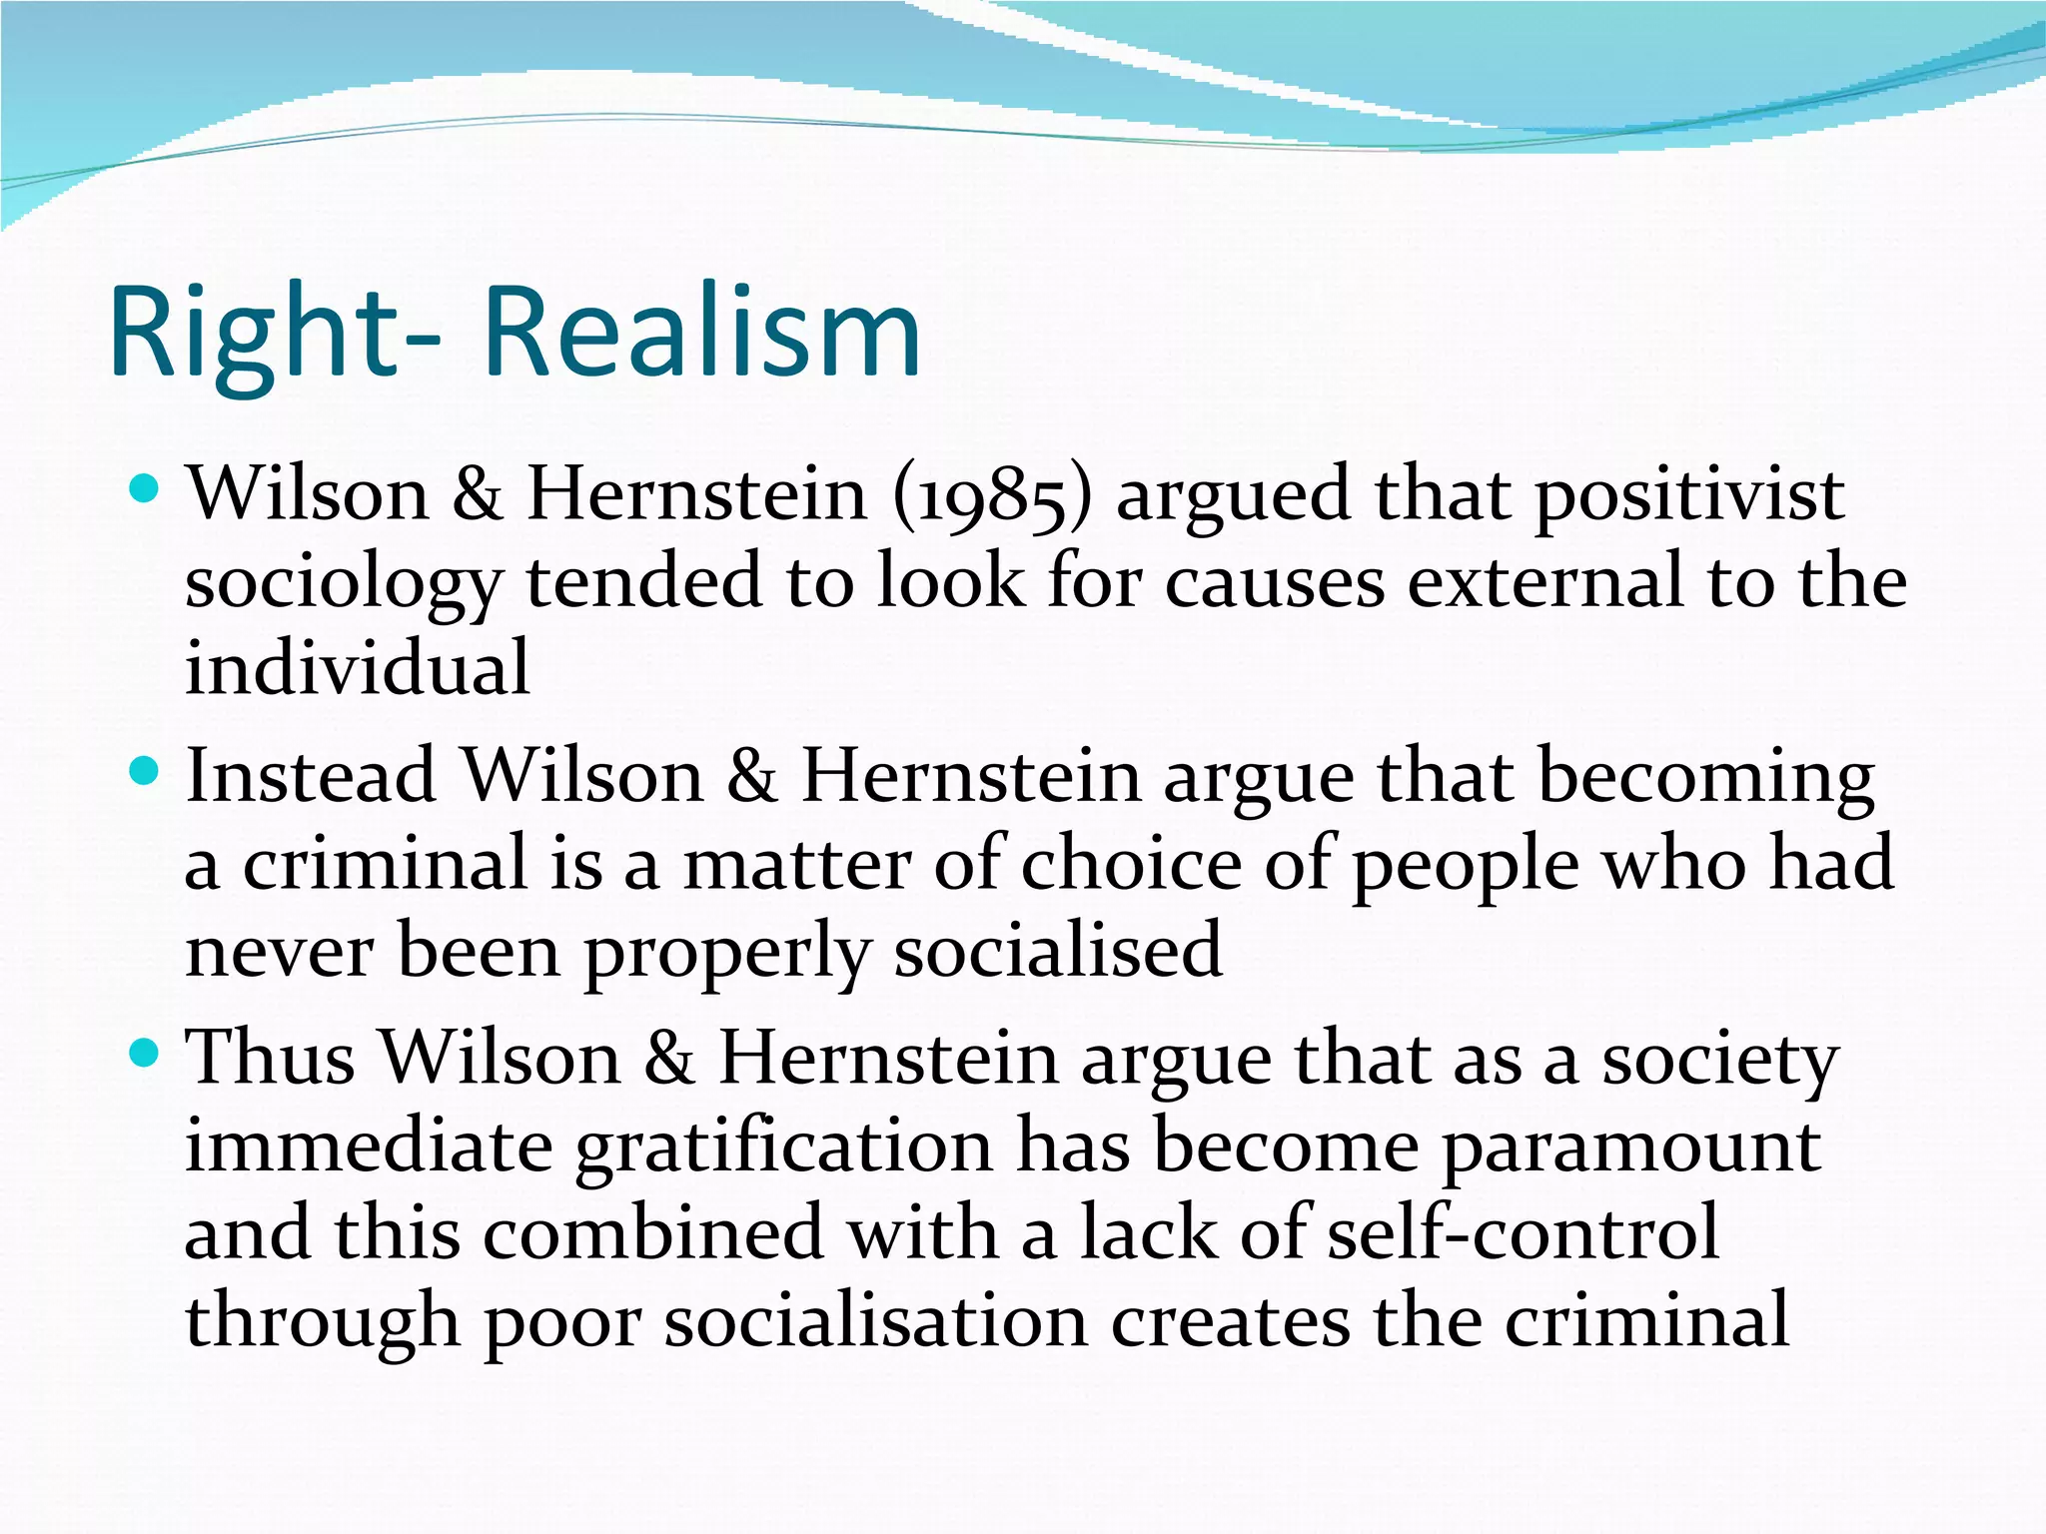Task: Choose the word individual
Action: click(x=357, y=668)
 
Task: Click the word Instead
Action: click(x=311, y=776)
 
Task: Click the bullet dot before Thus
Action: click(x=146, y=1053)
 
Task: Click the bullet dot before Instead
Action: click(x=146, y=771)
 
